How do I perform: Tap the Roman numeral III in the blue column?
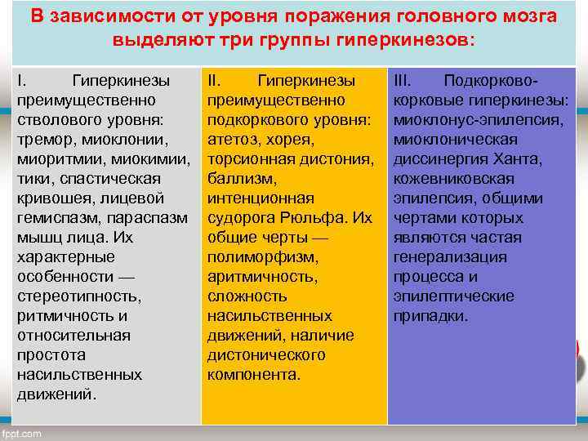coord(403,81)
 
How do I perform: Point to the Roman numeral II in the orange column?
coord(215,81)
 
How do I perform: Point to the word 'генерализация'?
coord(450,257)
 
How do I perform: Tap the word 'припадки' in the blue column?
coord(430,316)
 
